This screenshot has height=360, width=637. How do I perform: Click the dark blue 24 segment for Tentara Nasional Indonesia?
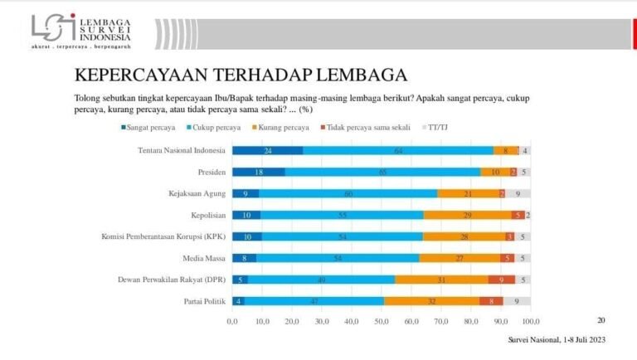(267, 150)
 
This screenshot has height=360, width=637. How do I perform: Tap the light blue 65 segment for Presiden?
(382, 172)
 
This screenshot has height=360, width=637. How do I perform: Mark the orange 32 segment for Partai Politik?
(431, 300)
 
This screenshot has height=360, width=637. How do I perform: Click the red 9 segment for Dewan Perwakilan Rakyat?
(501, 279)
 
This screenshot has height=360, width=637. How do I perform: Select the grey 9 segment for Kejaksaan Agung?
(518, 193)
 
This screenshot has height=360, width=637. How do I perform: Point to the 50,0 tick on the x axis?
(382, 321)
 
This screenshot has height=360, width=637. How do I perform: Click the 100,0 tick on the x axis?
(531, 321)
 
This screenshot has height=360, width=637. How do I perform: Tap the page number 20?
(601, 319)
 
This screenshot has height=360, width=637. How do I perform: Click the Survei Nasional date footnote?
(556, 339)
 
